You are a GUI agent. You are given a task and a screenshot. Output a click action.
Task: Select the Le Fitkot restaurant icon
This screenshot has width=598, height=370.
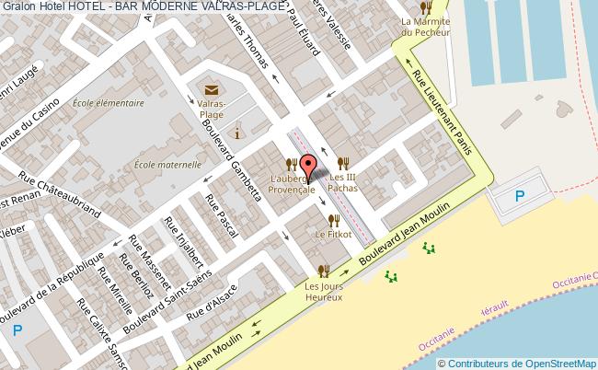click(333, 220)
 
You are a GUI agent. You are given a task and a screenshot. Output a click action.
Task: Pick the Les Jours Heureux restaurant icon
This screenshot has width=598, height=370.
click(323, 271)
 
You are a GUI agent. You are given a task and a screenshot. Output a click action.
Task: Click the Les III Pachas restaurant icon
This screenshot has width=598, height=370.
click(343, 163)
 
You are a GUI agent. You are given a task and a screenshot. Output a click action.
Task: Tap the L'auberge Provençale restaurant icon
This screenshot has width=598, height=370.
click(291, 163)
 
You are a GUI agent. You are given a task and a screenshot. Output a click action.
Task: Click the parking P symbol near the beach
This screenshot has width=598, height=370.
click(519, 195)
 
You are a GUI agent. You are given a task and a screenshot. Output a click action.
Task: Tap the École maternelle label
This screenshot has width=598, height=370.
click(167, 165)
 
